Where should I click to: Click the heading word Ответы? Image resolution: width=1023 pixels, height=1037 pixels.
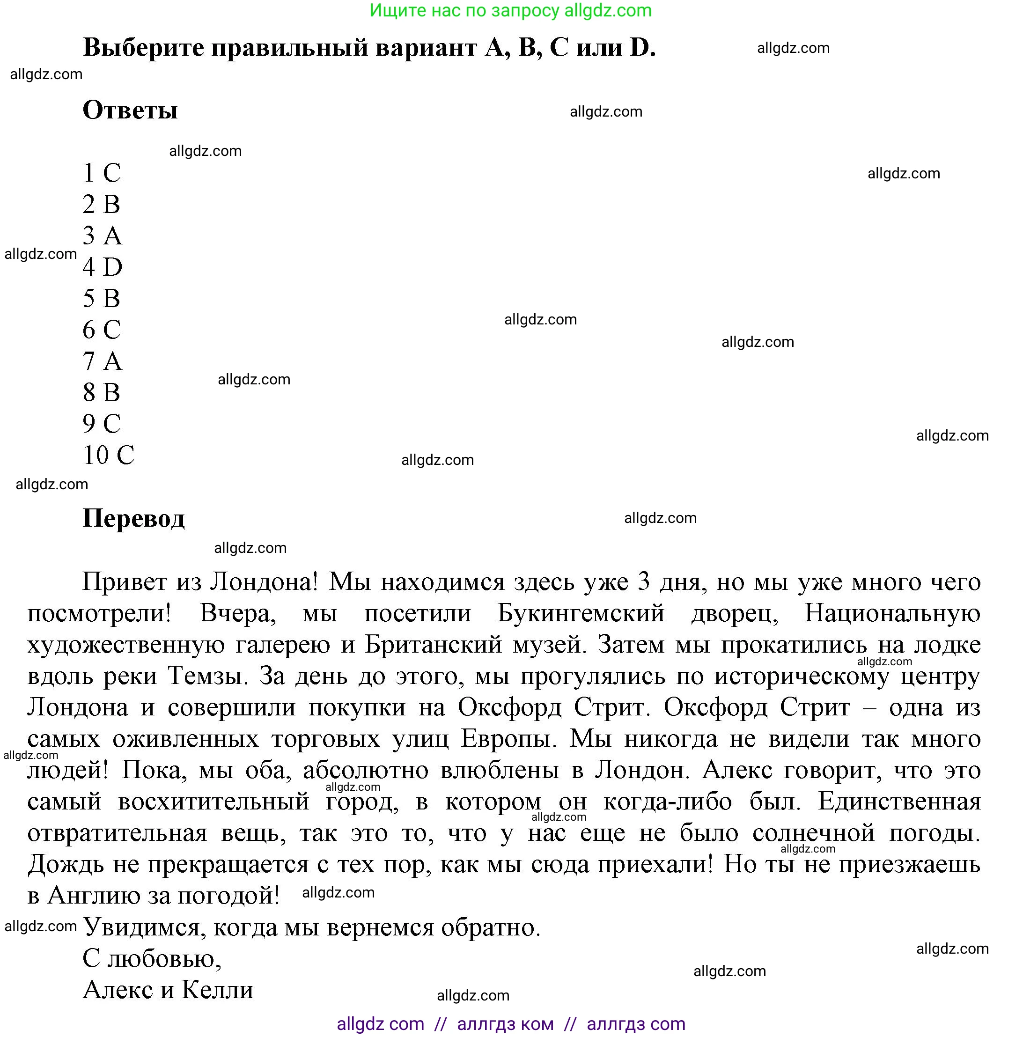point(130,110)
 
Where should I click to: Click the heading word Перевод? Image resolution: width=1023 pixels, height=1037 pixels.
point(133,519)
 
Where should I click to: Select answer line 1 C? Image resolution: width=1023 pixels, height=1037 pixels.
point(102,173)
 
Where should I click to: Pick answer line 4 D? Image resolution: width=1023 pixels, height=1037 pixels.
point(102,267)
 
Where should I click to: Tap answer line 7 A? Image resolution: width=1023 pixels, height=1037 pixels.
point(102,360)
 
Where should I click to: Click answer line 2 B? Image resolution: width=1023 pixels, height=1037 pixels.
point(101,204)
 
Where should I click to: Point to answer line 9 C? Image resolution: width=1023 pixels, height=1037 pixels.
point(102,424)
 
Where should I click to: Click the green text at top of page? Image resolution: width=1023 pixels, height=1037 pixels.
point(510,10)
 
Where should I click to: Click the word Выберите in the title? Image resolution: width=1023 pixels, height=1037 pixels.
point(143,48)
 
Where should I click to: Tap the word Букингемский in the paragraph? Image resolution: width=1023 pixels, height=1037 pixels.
point(580,613)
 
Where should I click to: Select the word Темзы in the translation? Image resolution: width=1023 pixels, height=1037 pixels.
point(207,676)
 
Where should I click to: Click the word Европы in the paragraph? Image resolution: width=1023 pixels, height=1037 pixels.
point(506,739)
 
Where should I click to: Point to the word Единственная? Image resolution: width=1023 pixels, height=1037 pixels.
point(899,802)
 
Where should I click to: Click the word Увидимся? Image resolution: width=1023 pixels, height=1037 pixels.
point(141,927)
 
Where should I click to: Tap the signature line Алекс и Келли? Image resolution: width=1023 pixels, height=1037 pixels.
point(168,990)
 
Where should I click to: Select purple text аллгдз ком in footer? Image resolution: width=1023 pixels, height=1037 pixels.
point(505,1024)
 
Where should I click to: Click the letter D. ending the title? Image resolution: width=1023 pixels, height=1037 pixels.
point(642,48)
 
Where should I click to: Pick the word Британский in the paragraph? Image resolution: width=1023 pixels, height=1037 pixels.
point(433,645)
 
